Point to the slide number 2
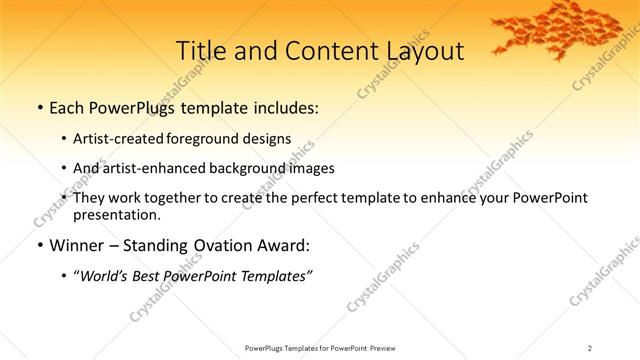click(590, 348)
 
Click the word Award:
click(283, 245)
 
